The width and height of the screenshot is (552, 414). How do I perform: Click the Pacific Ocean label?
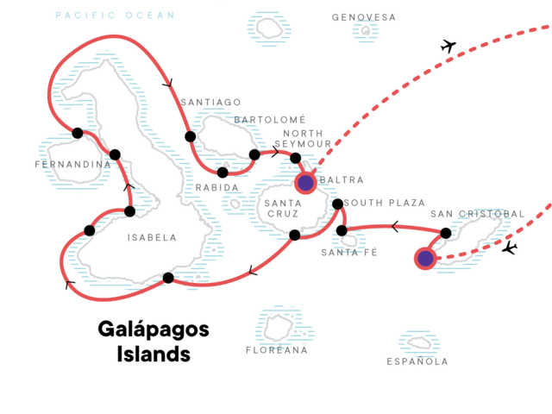point(114,16)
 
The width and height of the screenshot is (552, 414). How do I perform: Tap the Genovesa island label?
point(364,17)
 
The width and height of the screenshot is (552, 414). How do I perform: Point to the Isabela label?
point(151,237)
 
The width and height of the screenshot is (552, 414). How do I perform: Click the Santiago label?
point(210,102)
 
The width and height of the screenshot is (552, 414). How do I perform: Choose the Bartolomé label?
point(271,119)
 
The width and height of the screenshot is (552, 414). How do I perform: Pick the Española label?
point(418,361)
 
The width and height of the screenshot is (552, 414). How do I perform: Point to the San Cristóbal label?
point(477,214)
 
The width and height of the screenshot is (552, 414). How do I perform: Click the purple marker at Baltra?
point(305,182)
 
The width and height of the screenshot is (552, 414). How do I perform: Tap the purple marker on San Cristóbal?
point(424,258)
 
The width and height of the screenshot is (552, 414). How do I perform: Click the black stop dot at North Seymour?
point(296,158)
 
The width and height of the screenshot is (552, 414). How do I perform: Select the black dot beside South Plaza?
point(337,204)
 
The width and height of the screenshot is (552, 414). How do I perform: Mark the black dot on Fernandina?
point(78,133)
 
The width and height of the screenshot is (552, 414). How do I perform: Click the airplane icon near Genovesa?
point(447,46)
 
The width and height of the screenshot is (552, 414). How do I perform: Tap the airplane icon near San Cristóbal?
point(510,248)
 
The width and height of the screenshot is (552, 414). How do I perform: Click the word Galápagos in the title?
point(154,330)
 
